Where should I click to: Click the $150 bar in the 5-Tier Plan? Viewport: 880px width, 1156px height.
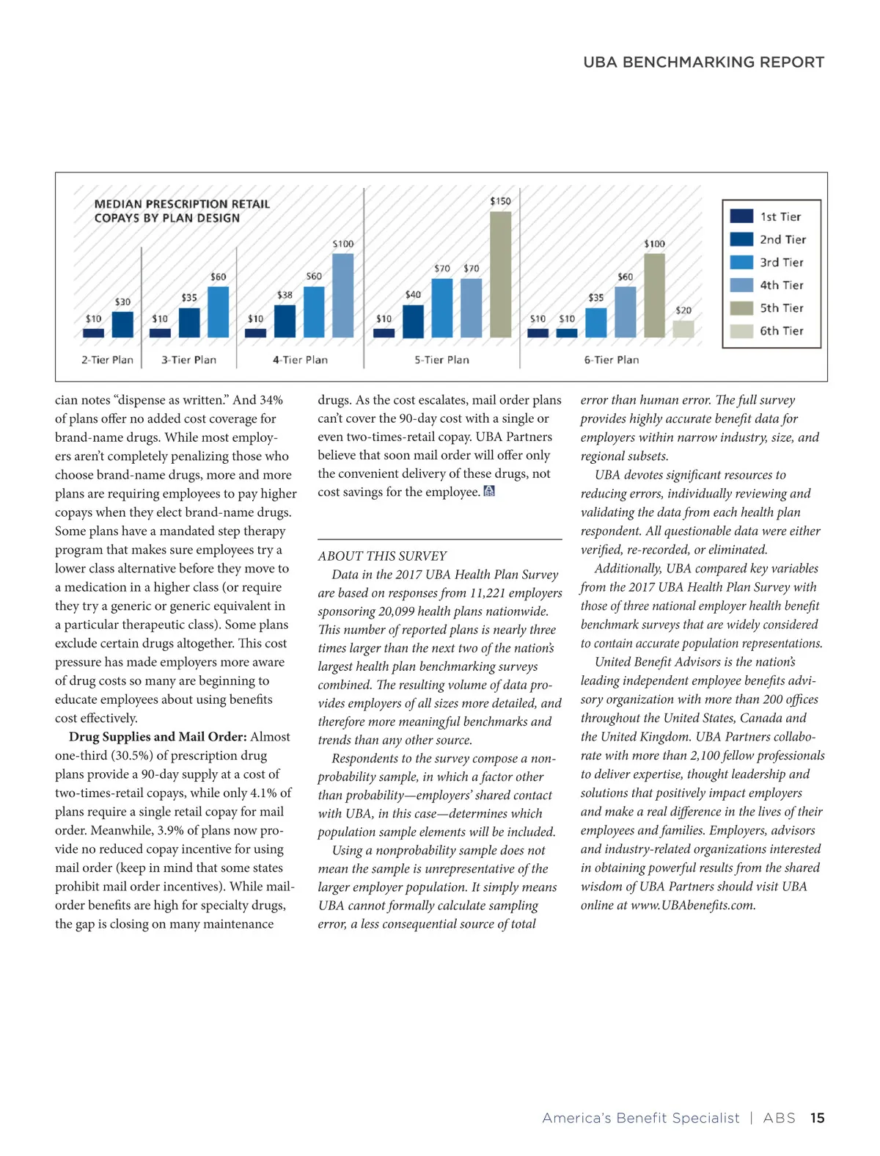click(500, 274)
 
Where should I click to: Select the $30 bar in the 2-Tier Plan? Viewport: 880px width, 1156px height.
click(122, 324)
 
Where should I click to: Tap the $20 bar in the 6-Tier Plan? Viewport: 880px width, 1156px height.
click(683, 329)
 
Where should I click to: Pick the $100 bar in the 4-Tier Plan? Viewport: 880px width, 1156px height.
click(342, 295)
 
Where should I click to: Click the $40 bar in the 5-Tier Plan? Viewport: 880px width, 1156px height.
click(413, 321)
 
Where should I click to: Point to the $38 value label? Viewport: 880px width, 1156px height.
click(285, 295)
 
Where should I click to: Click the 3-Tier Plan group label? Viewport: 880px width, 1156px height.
click(189, 360)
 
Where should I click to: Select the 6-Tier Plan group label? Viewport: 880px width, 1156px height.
click(611, 360)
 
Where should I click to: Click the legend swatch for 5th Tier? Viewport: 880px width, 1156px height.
click(741, 308)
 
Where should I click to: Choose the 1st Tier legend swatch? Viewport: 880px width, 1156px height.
click(741, 217)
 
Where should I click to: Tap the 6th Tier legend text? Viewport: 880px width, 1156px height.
click(781, 331)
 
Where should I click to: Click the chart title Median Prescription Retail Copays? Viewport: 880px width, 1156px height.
click(182, 211)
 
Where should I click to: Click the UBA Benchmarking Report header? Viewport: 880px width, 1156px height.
click(703, 62)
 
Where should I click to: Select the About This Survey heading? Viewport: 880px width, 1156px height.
click(382, 556)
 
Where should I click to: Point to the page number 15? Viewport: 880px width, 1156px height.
click(817, 1118)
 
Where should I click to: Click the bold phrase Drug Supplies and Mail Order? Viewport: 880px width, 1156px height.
click(158, 737)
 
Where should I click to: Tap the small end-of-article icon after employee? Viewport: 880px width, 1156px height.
click(490, 492)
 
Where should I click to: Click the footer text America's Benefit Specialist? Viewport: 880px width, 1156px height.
click(640, 1118)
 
